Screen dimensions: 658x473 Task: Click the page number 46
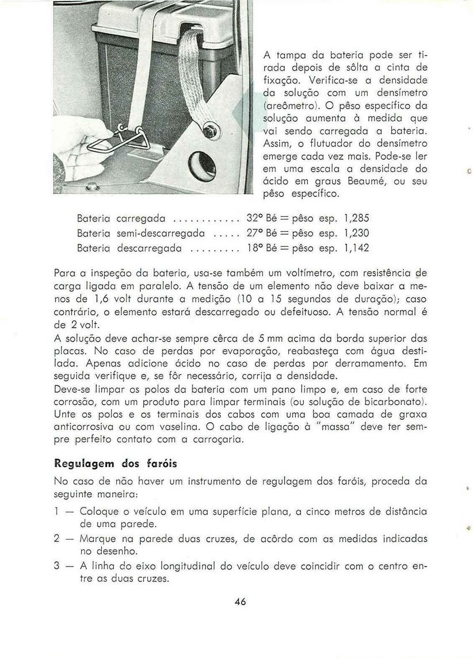pyautogui.click(x=241, y=602)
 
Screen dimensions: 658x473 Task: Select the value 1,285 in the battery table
pyautogui.click(x=356, y=219)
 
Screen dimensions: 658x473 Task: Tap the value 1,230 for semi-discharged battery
pyautogui.click(x=356, y=234)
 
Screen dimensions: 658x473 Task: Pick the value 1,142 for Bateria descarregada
pyautogui.click(x=356, y=248)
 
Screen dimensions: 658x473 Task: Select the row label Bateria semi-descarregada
pyautogui.click(x=141, y=234)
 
